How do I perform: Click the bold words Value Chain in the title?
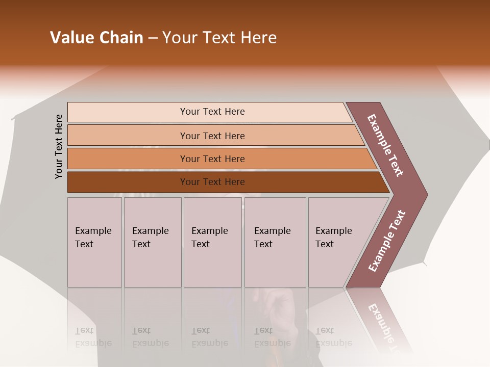[96, 38]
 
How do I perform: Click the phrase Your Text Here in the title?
[219, 38]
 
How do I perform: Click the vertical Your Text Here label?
[59, 146]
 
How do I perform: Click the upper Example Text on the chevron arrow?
[385, 145]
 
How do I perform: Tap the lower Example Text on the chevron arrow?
[387, 241]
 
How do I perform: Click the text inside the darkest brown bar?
[212, 182]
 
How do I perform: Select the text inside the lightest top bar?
[212, 112]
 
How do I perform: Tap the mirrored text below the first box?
[93, 337]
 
